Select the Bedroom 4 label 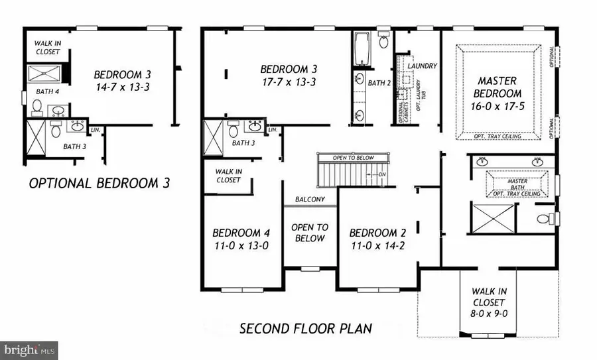pos(240,233)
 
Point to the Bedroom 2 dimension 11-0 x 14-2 pos(377,245)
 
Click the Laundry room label pos(422,66)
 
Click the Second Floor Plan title pos(306,328)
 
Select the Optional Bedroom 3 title pos(99,183)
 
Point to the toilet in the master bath pos(544,218)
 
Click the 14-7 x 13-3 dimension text pos(121,87)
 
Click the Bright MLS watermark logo pos(29,350)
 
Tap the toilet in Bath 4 pos(37,107)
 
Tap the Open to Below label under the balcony pos(310,232)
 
